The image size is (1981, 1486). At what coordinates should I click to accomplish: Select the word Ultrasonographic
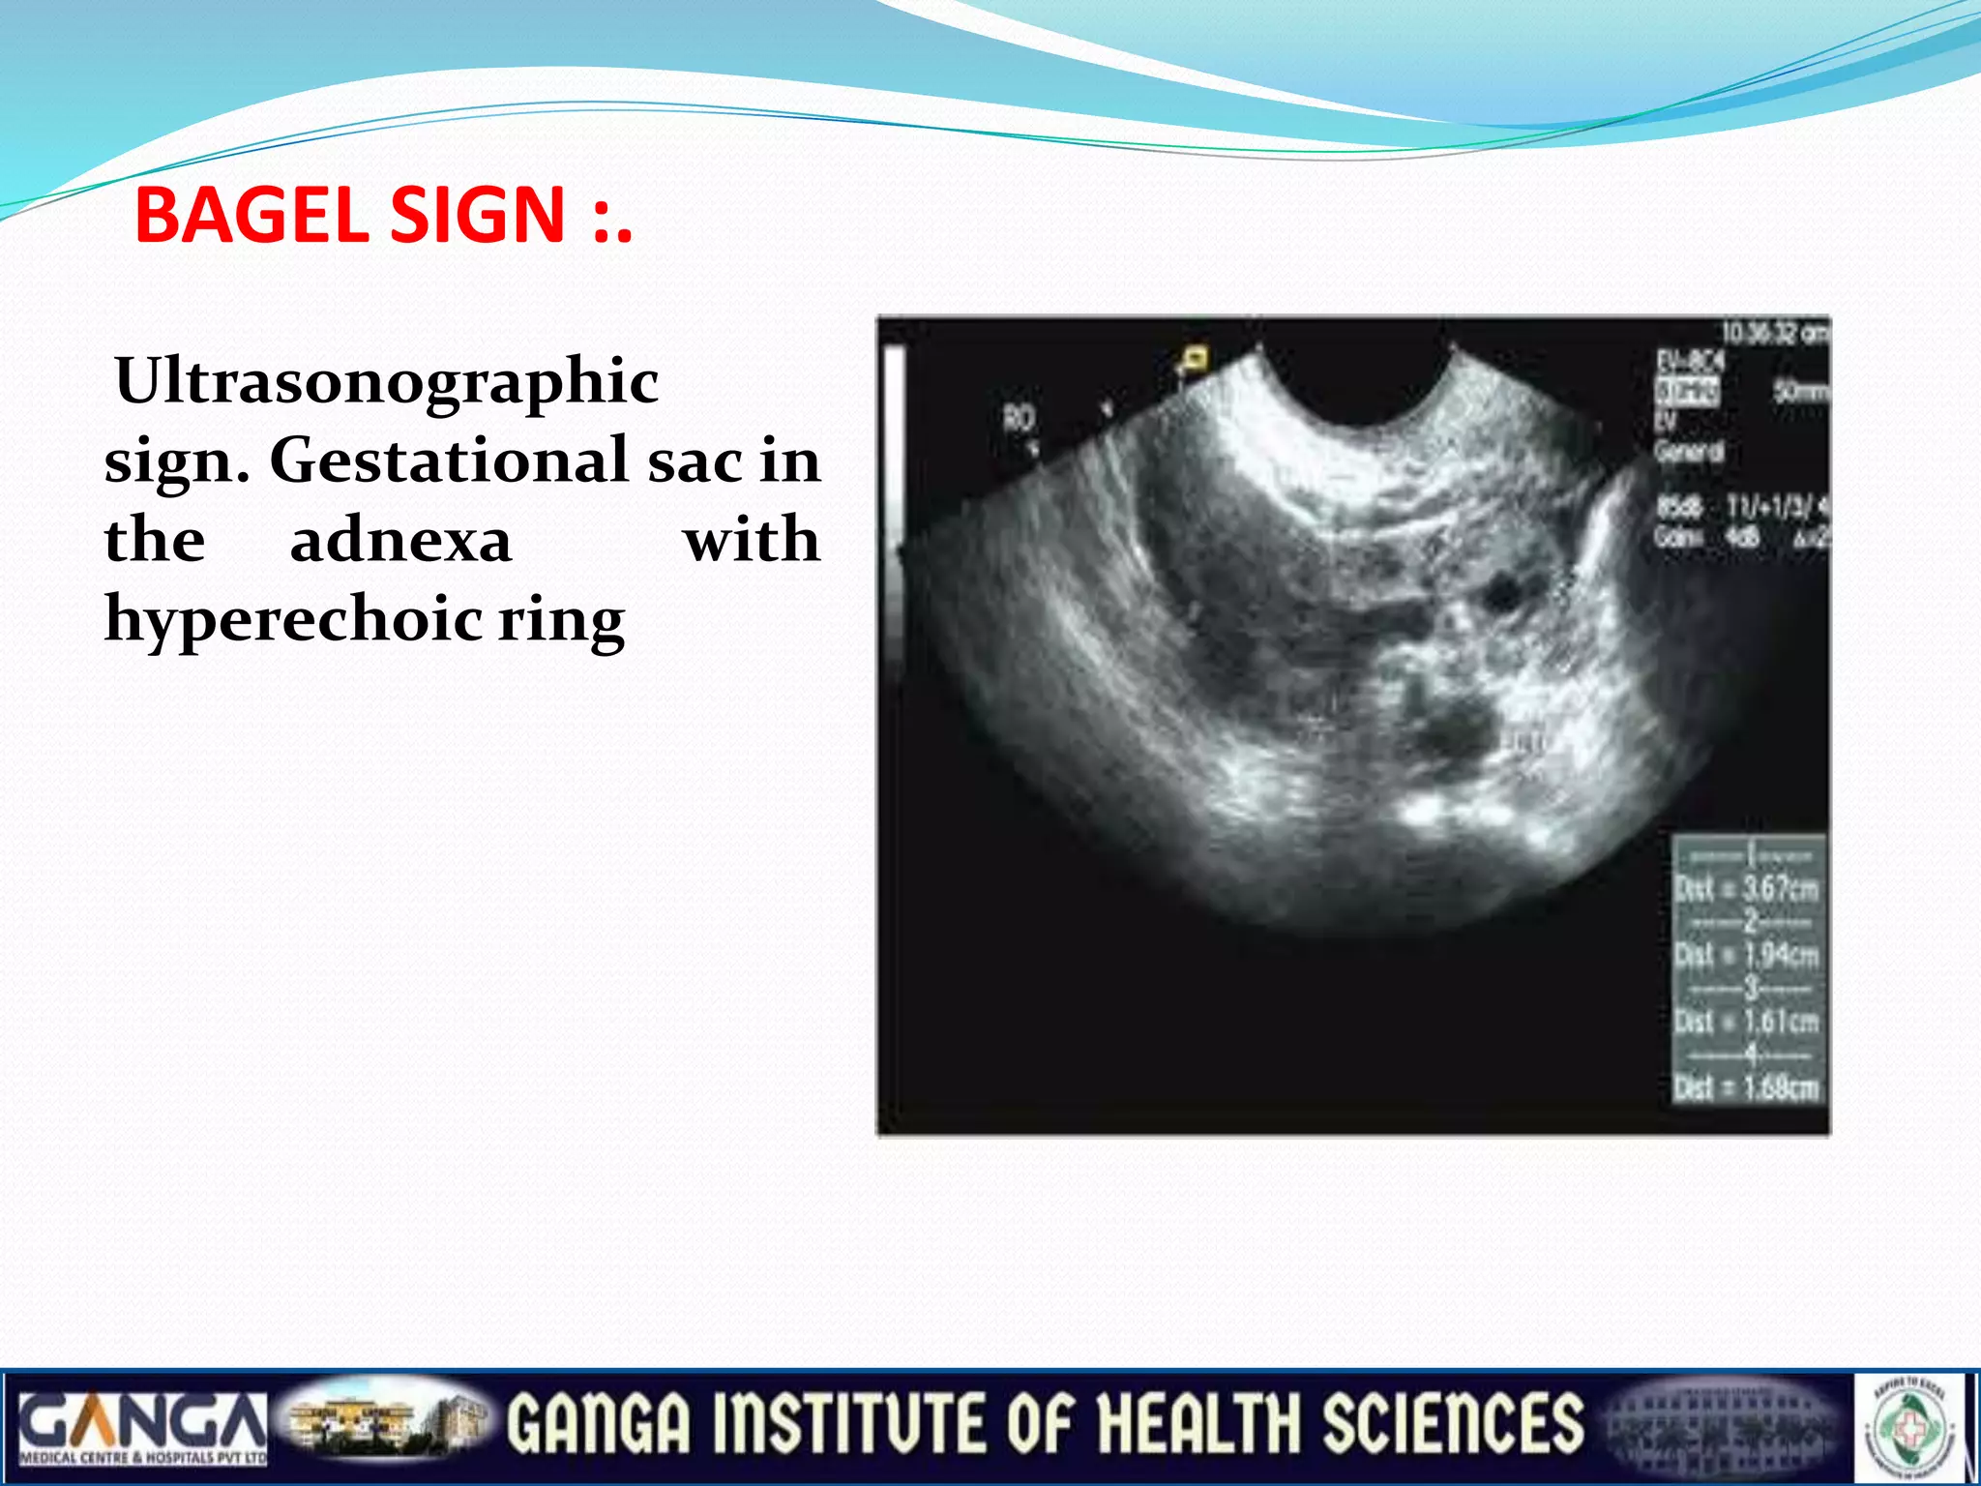coord(387,380)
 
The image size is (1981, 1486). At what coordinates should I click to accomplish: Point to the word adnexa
coord(400,540)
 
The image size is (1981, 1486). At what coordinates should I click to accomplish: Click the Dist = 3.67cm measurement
coord(1747,888)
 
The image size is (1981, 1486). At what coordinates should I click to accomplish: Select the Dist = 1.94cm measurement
coord(1747,955)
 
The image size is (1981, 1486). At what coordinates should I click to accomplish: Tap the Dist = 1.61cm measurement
coord(1747,1022)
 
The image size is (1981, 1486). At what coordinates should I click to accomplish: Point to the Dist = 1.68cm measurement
coord(1747,1088)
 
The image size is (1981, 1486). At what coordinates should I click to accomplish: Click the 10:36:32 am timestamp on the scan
coord(1774,334)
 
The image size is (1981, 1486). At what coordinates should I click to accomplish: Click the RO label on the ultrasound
coord(1018,418)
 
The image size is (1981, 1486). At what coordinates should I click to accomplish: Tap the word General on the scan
coord(1688,451)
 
